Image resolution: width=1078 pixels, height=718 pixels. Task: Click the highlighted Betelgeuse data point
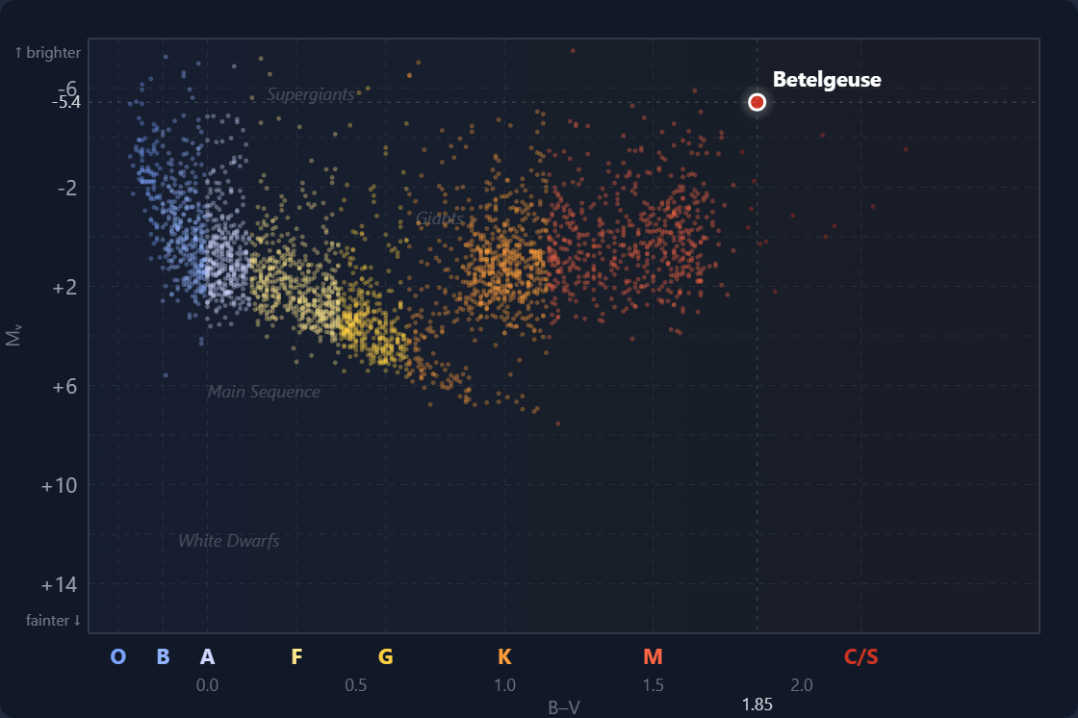pyautogui.click(x=757, y=102)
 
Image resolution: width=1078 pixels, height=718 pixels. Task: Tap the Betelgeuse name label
pyautogui.click(x=827, y=80)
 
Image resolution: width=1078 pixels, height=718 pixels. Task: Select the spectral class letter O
pyautogui.click(x=118, y=656)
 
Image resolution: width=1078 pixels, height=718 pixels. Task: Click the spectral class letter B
pyautogui.click(x=163, y=656)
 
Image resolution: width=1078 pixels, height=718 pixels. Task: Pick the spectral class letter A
pyautogui.click(x=207, y=656)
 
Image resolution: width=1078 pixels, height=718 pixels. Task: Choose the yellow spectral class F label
pyautogui.click(x=296, y=656)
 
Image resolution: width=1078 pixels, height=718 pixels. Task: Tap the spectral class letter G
pyautogui.click(x=385, y=656)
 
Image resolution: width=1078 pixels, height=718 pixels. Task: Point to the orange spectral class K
pyautogui.click(x=504, y=656)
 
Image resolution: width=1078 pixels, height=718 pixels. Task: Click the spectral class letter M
pyautogui.click(x=653, y=656)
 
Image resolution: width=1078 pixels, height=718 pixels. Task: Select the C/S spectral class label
pyautogui.click(x=860, y=656)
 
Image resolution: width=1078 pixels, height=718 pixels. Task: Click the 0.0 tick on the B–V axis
pyautogui.click(x=207, y=685)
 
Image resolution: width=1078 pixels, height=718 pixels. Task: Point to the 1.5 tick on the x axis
pyautogui.click(x=653, y=685)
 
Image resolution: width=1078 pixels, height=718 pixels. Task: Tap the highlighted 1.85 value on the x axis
pyautogui.click(x=757, y=705)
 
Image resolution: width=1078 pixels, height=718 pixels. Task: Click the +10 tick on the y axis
pyautogui.click(x=59, y=484)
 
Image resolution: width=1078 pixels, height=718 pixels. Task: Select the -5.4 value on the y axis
pyautogui.click(x=65, y=102)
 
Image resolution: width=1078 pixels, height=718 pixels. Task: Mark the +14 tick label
pyautogui.click(x=59, y=584)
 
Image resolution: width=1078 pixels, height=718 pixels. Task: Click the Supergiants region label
pyautogui.click(x=311, y=94)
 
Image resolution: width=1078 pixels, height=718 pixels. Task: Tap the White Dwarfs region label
pyautogui.click(x=229, y=541)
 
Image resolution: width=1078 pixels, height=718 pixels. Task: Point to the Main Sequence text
pyautogui.click(x=264, y=392)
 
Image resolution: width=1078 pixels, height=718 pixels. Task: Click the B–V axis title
pyautogui.click(x=564, y=707)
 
